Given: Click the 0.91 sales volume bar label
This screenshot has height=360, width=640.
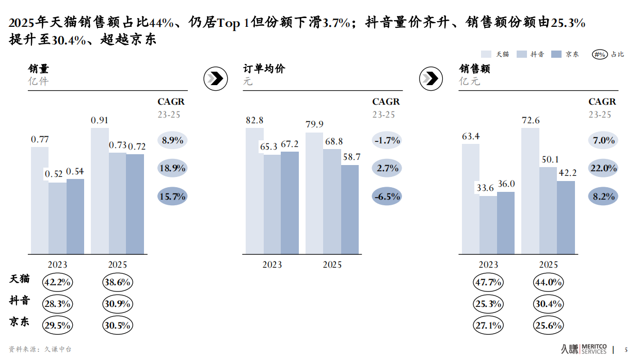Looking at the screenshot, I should (100, 120).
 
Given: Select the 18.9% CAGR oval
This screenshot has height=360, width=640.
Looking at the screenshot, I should (172, 168).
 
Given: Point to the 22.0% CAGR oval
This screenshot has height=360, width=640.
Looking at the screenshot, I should (603, 168).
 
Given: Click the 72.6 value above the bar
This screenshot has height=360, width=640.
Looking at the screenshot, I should (531, 121).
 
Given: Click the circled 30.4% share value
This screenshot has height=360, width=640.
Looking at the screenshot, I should (548, 304).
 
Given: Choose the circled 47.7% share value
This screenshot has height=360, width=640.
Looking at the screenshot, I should (488, 282).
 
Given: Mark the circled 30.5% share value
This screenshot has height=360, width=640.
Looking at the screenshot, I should (118, 325).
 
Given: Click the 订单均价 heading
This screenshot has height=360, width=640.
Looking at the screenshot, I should (264, 69).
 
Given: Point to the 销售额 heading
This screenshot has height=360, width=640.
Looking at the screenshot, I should (474, 69).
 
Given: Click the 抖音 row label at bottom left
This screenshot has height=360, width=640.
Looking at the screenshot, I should (20, 301).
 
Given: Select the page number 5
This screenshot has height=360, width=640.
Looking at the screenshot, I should (627, 349).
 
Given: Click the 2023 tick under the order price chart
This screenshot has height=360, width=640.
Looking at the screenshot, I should (272, 265).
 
